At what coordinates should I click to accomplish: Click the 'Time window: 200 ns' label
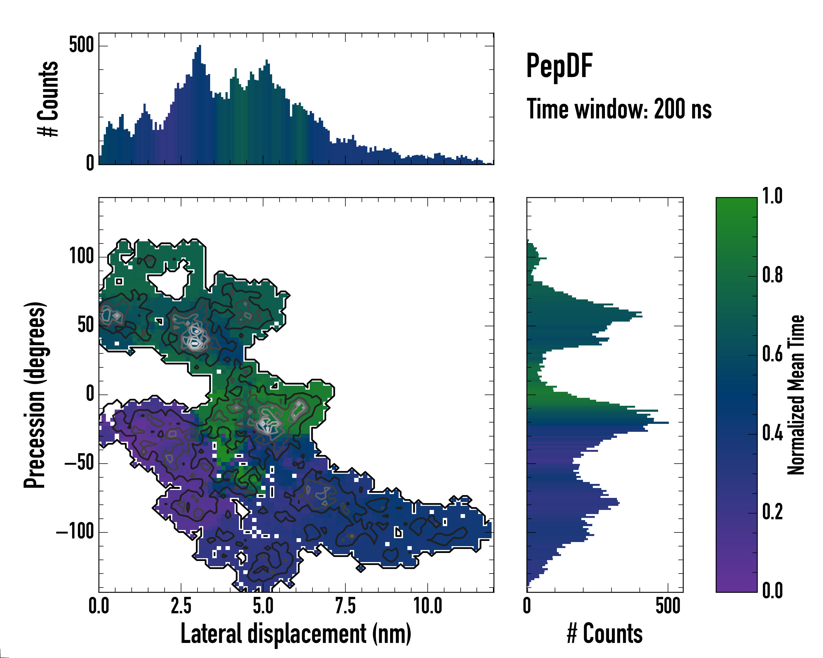click(x=619, y=109)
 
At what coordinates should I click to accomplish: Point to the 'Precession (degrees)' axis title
click(x=35, y=395)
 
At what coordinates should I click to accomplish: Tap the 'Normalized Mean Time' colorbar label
click(x=796, y=395)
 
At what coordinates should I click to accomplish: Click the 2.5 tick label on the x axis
click(x=181, y=606)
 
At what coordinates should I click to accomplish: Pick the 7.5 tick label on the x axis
click(x=345, y=606)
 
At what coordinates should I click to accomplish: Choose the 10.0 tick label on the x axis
click(x=428, y=606)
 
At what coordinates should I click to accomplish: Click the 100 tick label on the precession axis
click(x=82, y=256)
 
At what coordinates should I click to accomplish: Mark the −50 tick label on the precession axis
click(x=79, y=463)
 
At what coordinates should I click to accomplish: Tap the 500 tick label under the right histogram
click(x=668, y=606)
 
